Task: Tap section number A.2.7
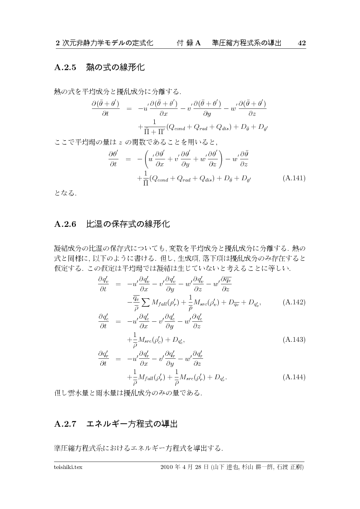point(65,424)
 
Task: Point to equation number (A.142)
point(294,302)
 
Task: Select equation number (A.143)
point(294,339)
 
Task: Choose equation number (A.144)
point(294,376)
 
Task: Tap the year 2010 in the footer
point(167,467)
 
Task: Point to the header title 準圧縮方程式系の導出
point(246,43)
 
